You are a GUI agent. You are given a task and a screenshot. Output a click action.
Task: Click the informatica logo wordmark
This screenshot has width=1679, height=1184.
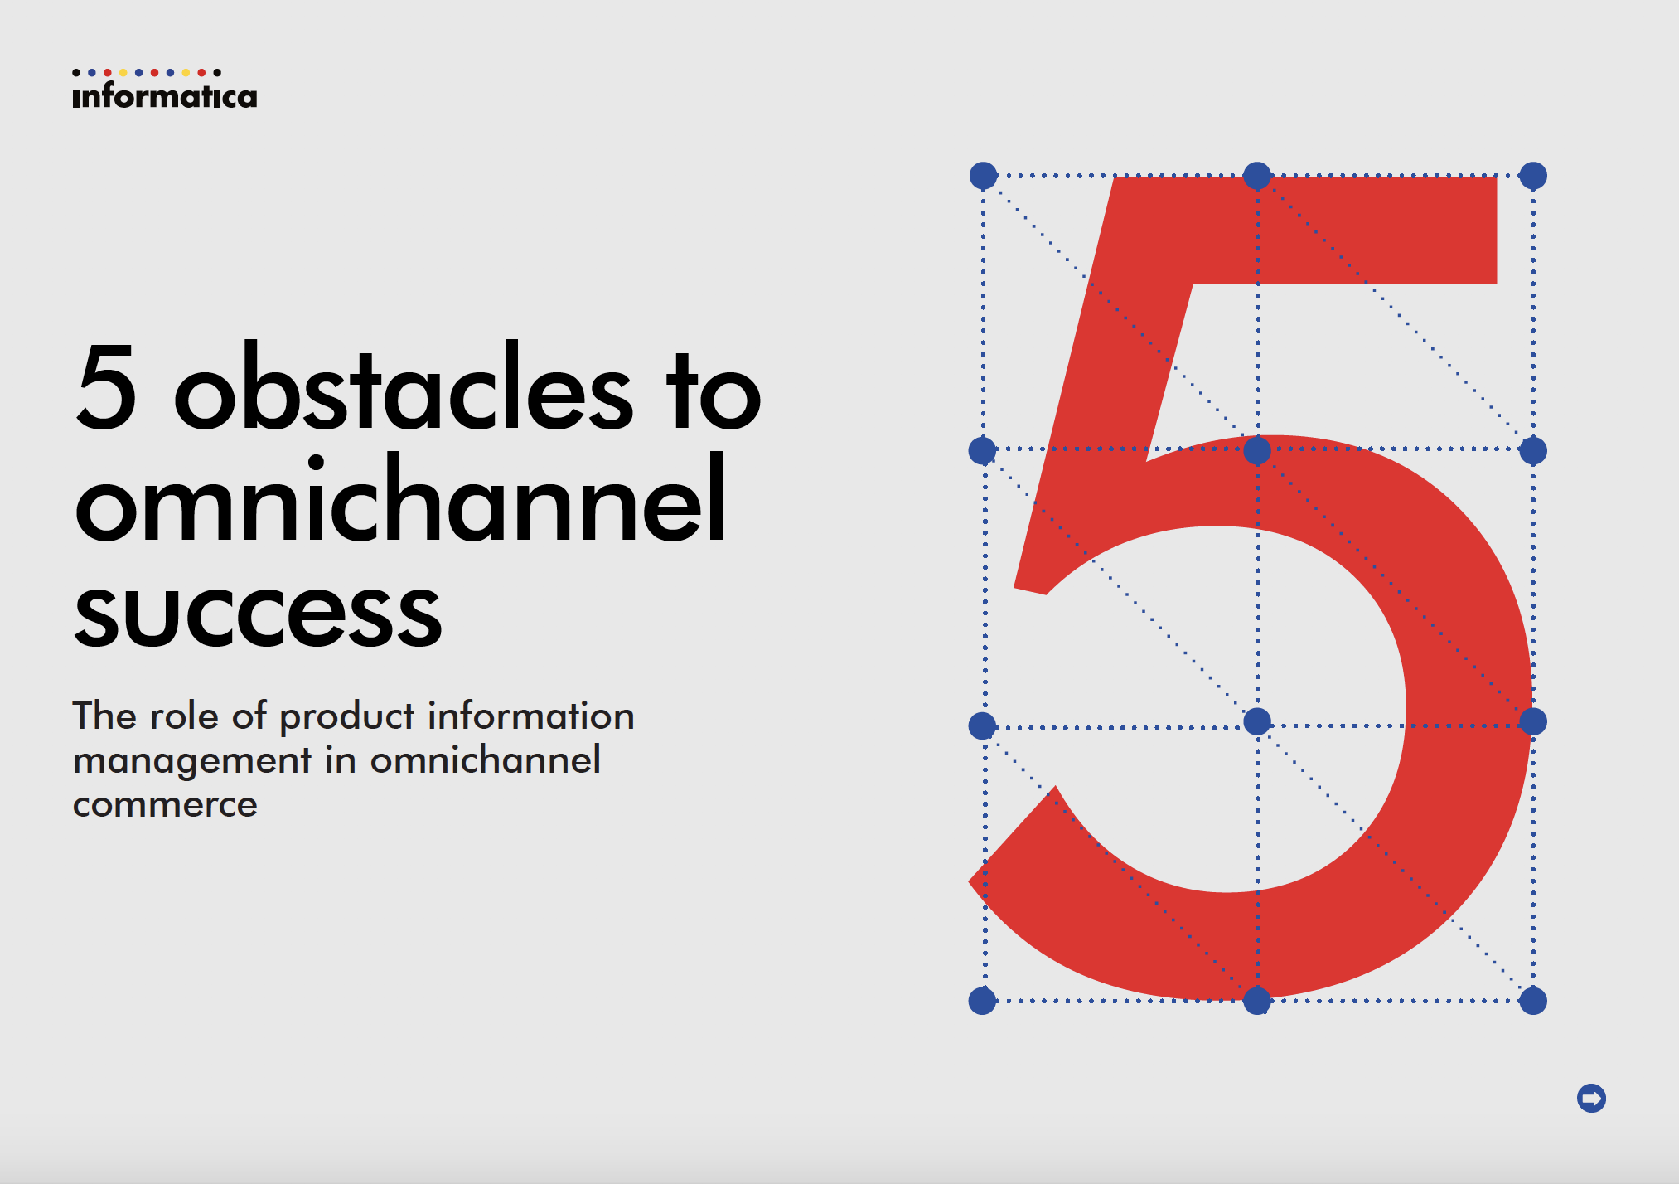tap(165, 96)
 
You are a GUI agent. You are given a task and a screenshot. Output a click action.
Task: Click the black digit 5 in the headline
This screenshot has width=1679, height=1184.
tap(106, 386)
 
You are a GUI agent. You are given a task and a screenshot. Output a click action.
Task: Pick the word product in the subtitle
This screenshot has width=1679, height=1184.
tap(347, 718)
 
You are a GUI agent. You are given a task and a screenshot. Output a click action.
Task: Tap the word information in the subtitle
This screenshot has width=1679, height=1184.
tap(530, 716)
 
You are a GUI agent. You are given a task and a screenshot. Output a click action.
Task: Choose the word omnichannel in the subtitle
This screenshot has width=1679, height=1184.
tap(486, 759)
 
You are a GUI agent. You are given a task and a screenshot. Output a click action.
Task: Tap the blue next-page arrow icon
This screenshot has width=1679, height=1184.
tap(1591, 1099)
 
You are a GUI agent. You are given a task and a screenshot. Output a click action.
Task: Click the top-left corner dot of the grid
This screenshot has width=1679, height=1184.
tap(983, 176)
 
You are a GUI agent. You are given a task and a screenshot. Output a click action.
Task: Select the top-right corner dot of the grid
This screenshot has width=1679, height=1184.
tap(1533, 176)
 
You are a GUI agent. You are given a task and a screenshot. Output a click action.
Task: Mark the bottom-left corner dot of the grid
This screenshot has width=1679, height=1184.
tap(982, 1001)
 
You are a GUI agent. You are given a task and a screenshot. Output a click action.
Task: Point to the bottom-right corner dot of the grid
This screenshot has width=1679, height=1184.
tap(1533, 1001)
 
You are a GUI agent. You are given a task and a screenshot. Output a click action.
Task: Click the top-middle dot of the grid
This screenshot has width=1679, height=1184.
tap(1257, 176)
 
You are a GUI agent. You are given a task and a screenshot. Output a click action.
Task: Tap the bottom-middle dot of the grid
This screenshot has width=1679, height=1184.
tap(1257, 1001)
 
